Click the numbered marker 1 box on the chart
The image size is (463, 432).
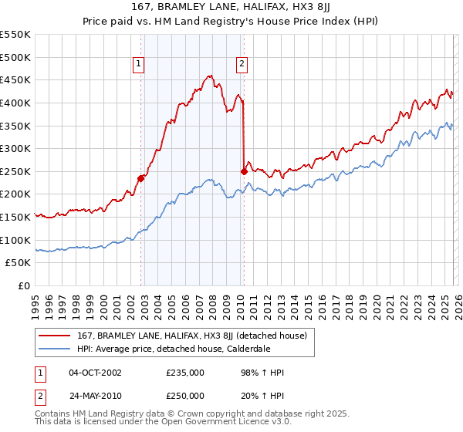(139, 65)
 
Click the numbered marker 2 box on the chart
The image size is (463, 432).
(242, 65)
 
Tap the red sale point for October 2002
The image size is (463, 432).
(140, 178)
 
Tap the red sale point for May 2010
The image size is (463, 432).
(244, 171)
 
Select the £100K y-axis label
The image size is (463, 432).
(16, 240)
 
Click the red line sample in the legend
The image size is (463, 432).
(56, 336)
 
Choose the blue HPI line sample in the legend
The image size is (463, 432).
(56, 349)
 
